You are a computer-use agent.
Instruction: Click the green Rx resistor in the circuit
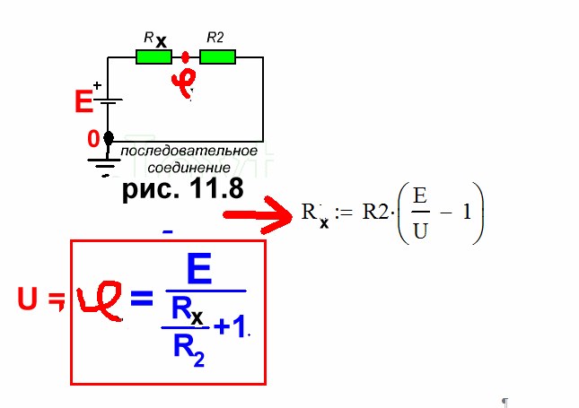click(x=154, y=57)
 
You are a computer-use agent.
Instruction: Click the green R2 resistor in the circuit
click(x=217, y=57)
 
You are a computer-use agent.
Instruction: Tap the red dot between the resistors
click(x=186, y=57)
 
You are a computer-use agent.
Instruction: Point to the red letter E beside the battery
click(x=83, y=102)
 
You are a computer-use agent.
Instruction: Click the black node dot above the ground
click(x=109, y=138)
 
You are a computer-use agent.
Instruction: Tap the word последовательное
click(x=191, y=150)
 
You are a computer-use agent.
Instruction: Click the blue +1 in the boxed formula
click(x=229, y=328)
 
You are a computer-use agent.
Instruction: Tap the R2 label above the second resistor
click(x=215, y=37)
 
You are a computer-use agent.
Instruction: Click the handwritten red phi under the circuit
click(x=185, y=83)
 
